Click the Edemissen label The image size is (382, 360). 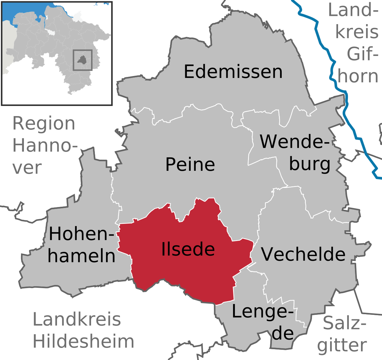pos(233,72)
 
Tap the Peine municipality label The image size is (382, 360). pos(190,164)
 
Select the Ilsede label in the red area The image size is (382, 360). pos(188,249)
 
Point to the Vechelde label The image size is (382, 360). pos(303,254)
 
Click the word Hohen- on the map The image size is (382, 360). pos(81,234)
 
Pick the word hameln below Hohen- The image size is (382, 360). pos(81,256)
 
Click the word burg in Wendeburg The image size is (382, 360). pos(309,164)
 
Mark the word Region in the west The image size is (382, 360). pos(44,123)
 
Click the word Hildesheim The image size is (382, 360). pos(83,341)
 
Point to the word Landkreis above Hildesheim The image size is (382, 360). pos(77,319)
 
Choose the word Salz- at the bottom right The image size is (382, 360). pos(344,323)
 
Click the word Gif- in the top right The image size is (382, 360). pos(362,54)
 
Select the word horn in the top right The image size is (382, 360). pos(358,76)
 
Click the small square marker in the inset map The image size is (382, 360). pos(82,60)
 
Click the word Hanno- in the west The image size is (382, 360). pos(45,146)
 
